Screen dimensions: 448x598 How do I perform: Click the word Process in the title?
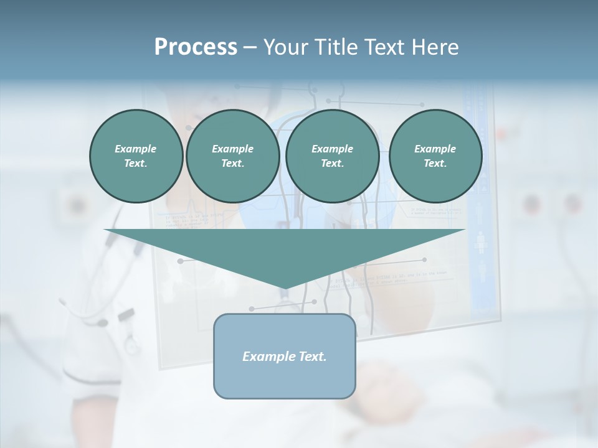tap(196, 47)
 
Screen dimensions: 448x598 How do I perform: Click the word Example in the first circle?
tap(136, 149)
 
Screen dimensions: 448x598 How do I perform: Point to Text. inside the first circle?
tap(136, 164)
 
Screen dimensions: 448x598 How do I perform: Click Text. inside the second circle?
tap(232, 164)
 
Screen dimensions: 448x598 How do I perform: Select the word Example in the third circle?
tap(332, 149)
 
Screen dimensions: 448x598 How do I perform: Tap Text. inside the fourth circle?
tap(435, 164)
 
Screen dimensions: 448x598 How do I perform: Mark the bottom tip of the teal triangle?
tap(285, 287)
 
